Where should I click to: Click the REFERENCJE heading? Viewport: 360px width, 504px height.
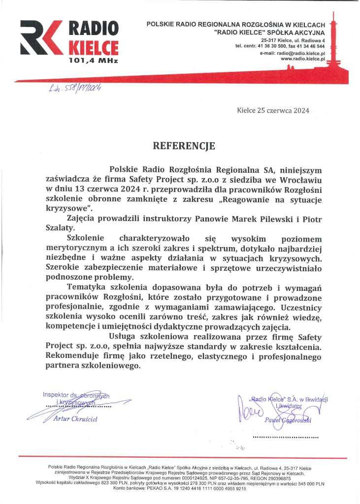coord(184,145)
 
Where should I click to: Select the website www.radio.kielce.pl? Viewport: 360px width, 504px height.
coord(303,59)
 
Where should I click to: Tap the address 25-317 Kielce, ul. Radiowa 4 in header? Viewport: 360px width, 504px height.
coord(293,39)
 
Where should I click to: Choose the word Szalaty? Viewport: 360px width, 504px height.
coord(62,228)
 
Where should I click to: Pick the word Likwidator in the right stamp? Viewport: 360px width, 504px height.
coord(291,407)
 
